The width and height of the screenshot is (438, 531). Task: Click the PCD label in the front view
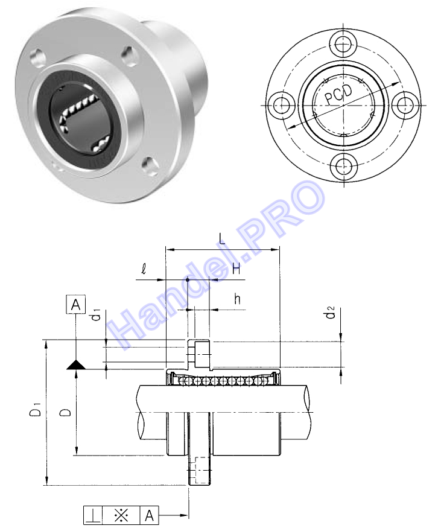[338, 94]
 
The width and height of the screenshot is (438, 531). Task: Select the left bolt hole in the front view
[282, 105]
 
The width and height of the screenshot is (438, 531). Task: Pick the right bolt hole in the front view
[404, 105]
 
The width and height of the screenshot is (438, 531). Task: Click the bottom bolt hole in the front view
[343, 166]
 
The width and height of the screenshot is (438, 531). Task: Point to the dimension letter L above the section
[221, 240]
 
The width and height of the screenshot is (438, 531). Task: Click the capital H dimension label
[236, 269]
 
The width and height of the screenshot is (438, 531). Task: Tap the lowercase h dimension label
[238, 299]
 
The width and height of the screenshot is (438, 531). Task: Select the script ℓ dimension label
[144, 270]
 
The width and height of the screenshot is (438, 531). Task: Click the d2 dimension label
[330, 312]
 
